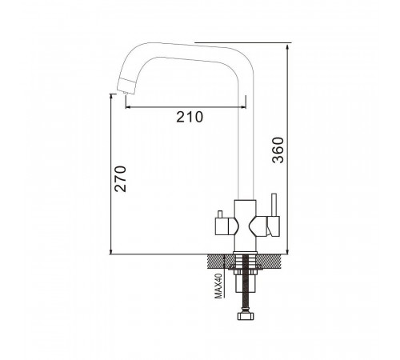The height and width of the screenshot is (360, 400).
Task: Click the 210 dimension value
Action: [x=190, y=117]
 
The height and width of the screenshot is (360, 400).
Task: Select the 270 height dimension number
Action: [x=120, y=179]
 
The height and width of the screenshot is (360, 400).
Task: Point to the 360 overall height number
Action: [x=278, y=150]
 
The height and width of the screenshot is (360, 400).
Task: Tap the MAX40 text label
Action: [x=218, y=286]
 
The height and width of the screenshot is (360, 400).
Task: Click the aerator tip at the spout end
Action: [x=125, y=93]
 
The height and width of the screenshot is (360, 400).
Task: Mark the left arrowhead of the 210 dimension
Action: [x=128, y=107]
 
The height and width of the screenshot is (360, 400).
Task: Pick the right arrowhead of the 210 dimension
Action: [x=243, y=107]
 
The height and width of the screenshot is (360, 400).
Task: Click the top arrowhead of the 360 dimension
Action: [x=287, y=47]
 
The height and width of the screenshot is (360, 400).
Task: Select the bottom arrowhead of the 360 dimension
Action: [x=287, y=251]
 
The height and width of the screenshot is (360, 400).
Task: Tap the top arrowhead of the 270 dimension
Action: [x=111, y=97]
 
